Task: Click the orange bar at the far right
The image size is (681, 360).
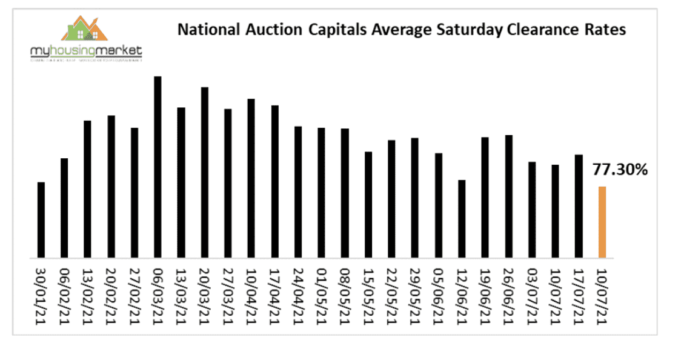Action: (x=602, y=222)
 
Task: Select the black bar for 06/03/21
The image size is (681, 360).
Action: (x=158, y=167)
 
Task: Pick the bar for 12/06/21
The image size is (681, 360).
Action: (x=462, y=219)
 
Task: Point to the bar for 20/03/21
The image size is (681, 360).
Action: (x=205, y=173)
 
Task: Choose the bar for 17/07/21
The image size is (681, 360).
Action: (x=579, y=206)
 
